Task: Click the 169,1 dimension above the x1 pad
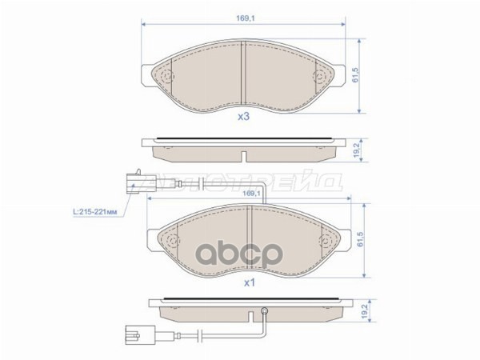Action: [x=252, y=193]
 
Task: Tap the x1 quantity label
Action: [x=249, y=282]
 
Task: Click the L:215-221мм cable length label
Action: [x=95, y=211]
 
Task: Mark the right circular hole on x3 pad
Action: [x=321, y=77]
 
